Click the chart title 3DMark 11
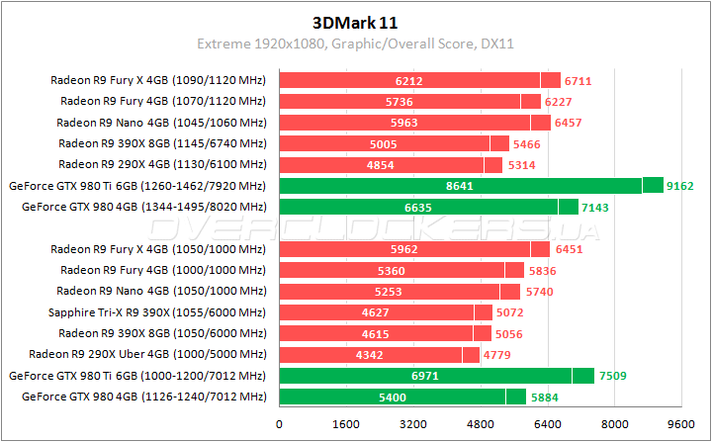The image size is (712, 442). click(356, 20)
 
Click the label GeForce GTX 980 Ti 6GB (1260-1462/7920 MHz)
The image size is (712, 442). click(137, 186)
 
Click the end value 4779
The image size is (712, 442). click(497, 355)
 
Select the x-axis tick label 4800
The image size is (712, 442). click(481, 423)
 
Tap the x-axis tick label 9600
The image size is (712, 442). click(681, 423)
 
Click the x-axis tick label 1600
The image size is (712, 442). click(346, 423)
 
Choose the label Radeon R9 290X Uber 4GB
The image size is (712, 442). click(147, 355)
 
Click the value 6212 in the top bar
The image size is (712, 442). click(408, 80)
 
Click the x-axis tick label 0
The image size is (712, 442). click(280, 423)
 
